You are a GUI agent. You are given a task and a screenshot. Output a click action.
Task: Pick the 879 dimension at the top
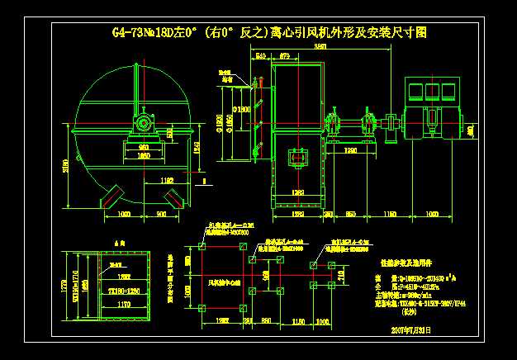click(285, 56)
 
